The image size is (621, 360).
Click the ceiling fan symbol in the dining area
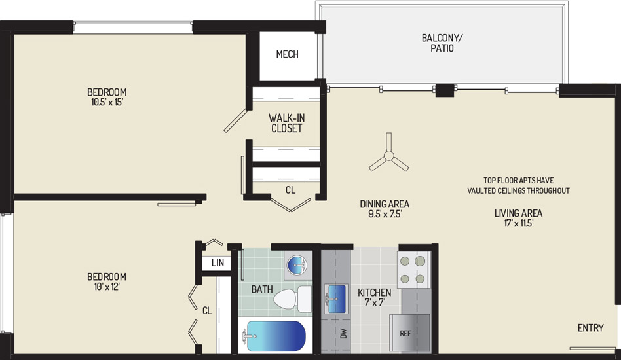(x=389, y=156)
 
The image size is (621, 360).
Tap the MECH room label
(x=287, y=54)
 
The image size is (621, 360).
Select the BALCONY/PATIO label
(x=442, y=43)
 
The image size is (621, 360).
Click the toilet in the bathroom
(x=292, y=299)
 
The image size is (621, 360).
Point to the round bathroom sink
(x=297, y=265)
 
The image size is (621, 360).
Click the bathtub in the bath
(x=274, y=336)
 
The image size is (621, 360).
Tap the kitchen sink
(x=336, y=298)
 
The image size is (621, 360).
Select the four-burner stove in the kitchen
(x=413, y=270)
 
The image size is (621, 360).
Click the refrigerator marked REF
(x=410, y=333)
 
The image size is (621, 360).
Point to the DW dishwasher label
(x=343, y=334)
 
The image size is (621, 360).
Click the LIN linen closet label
(x=217, y=262)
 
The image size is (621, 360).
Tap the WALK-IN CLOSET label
(x=287, y=123)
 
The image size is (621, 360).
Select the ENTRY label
(x=590, y=327)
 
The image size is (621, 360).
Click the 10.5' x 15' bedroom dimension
(x=107, y=102)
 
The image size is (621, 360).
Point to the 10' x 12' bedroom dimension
(x=107, y=287)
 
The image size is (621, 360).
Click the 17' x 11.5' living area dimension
(x=518, y=223)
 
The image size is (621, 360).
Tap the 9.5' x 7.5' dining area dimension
(x=385, y=214)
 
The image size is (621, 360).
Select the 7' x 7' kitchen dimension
(x=375, y=302)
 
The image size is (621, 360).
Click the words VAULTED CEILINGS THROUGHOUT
(x=518, y=190)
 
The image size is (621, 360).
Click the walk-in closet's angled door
(x=235, y=121)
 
